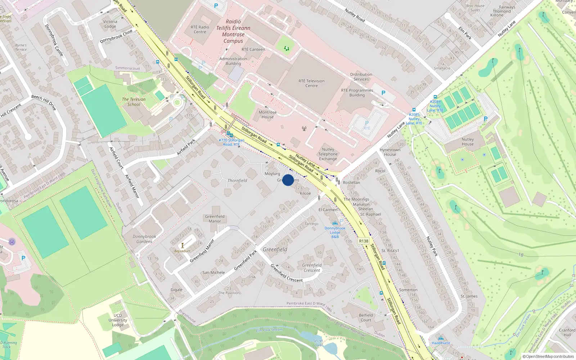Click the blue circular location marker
point(288,180)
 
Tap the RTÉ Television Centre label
point(311,84)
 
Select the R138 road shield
point(364,241)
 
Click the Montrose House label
point(267,114)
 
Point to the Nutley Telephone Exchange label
point(328,154)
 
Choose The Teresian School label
point(134,102)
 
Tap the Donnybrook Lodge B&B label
point(335,232)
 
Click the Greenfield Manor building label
point(215,219)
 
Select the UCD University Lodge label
point(118,320)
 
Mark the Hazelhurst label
point(441,343)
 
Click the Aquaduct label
point(183,251)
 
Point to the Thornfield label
point(237,181)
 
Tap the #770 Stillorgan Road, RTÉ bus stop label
point(231,142)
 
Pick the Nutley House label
point(468,142)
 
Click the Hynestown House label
point(390,152)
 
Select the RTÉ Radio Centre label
point(200,30)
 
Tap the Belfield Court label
point(366,318)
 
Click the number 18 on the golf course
point(521,255)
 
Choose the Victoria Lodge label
point(110,24)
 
